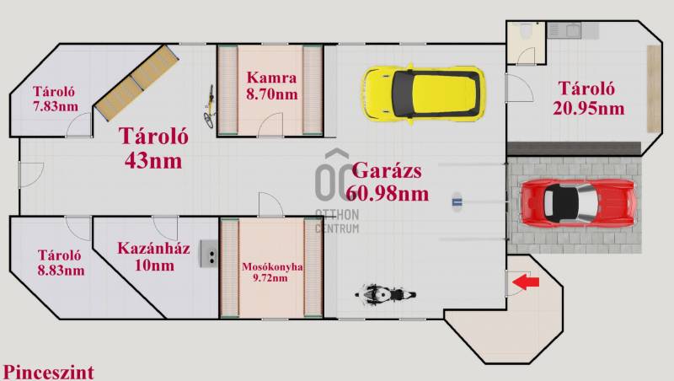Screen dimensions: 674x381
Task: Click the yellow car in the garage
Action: (425, 93)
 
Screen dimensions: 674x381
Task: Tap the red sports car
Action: (578, 203)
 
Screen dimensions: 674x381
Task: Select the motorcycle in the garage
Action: (385, 295)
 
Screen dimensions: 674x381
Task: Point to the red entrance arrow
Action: (526, 282)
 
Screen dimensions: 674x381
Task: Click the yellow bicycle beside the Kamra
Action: (209, 107)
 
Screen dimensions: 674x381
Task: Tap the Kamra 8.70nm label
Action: (271, 86)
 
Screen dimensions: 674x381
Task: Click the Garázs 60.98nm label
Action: (387, 182)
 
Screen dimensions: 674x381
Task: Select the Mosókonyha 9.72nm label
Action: (271, 271)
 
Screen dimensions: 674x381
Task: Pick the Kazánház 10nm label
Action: (154, 257)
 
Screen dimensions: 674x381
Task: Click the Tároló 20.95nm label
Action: (588, 98)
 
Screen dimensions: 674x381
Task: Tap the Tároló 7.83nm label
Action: (55, 99)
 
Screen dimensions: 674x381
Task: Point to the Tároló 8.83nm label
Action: (60, 263)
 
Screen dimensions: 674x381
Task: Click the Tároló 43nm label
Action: (153, 148)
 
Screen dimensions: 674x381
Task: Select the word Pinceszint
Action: (48, 372)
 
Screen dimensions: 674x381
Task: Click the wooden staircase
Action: (136, 82)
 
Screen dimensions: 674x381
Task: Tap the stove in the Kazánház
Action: (208, 254)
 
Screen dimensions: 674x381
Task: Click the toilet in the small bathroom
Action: (525, 30)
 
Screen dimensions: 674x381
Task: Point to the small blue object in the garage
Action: (457, 201)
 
